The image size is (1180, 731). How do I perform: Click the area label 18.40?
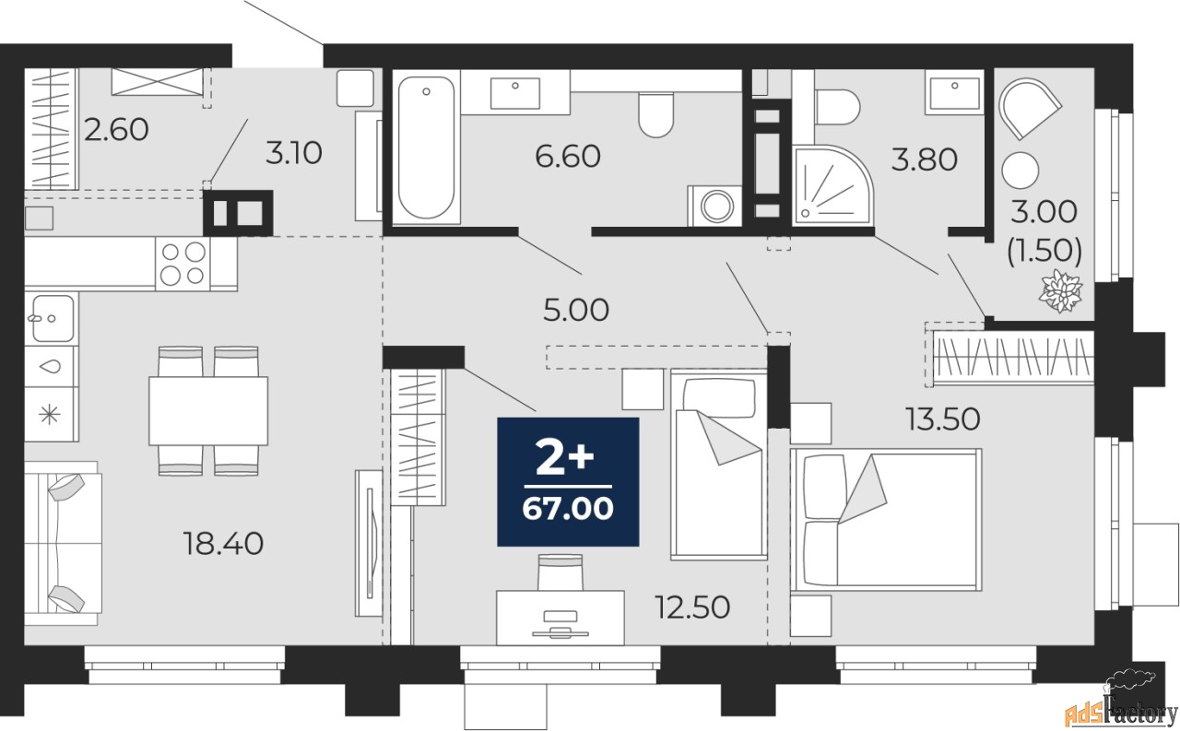[x=223, y=544]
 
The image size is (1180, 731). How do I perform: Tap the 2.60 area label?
[x=116, y=130]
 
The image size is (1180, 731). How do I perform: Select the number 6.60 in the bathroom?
[x=568, y=156]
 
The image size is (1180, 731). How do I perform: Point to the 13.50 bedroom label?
[x=943, y=419]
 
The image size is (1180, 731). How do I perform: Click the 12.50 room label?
[x=692, y=607]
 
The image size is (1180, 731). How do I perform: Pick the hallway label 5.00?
[x=576, y=310]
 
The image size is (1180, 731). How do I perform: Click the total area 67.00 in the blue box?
[x=568, y=509]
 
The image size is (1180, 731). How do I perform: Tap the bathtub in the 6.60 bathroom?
[x=426, y=147]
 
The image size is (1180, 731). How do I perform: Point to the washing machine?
[x=715, y=206]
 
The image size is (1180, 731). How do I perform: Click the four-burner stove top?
[x=183, y=264]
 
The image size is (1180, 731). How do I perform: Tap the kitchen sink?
[x=53, y=319]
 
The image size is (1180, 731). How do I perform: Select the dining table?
[x=208, y=411]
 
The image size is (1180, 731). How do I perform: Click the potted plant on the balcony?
[x=1061, y=291]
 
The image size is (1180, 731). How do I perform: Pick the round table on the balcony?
[x=1021, y=171]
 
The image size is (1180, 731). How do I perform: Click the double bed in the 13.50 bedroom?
[x=886, y=520]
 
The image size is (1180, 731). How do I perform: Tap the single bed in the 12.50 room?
[x=718, y=464]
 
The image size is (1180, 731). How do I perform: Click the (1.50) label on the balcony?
[x=1044, y=251]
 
